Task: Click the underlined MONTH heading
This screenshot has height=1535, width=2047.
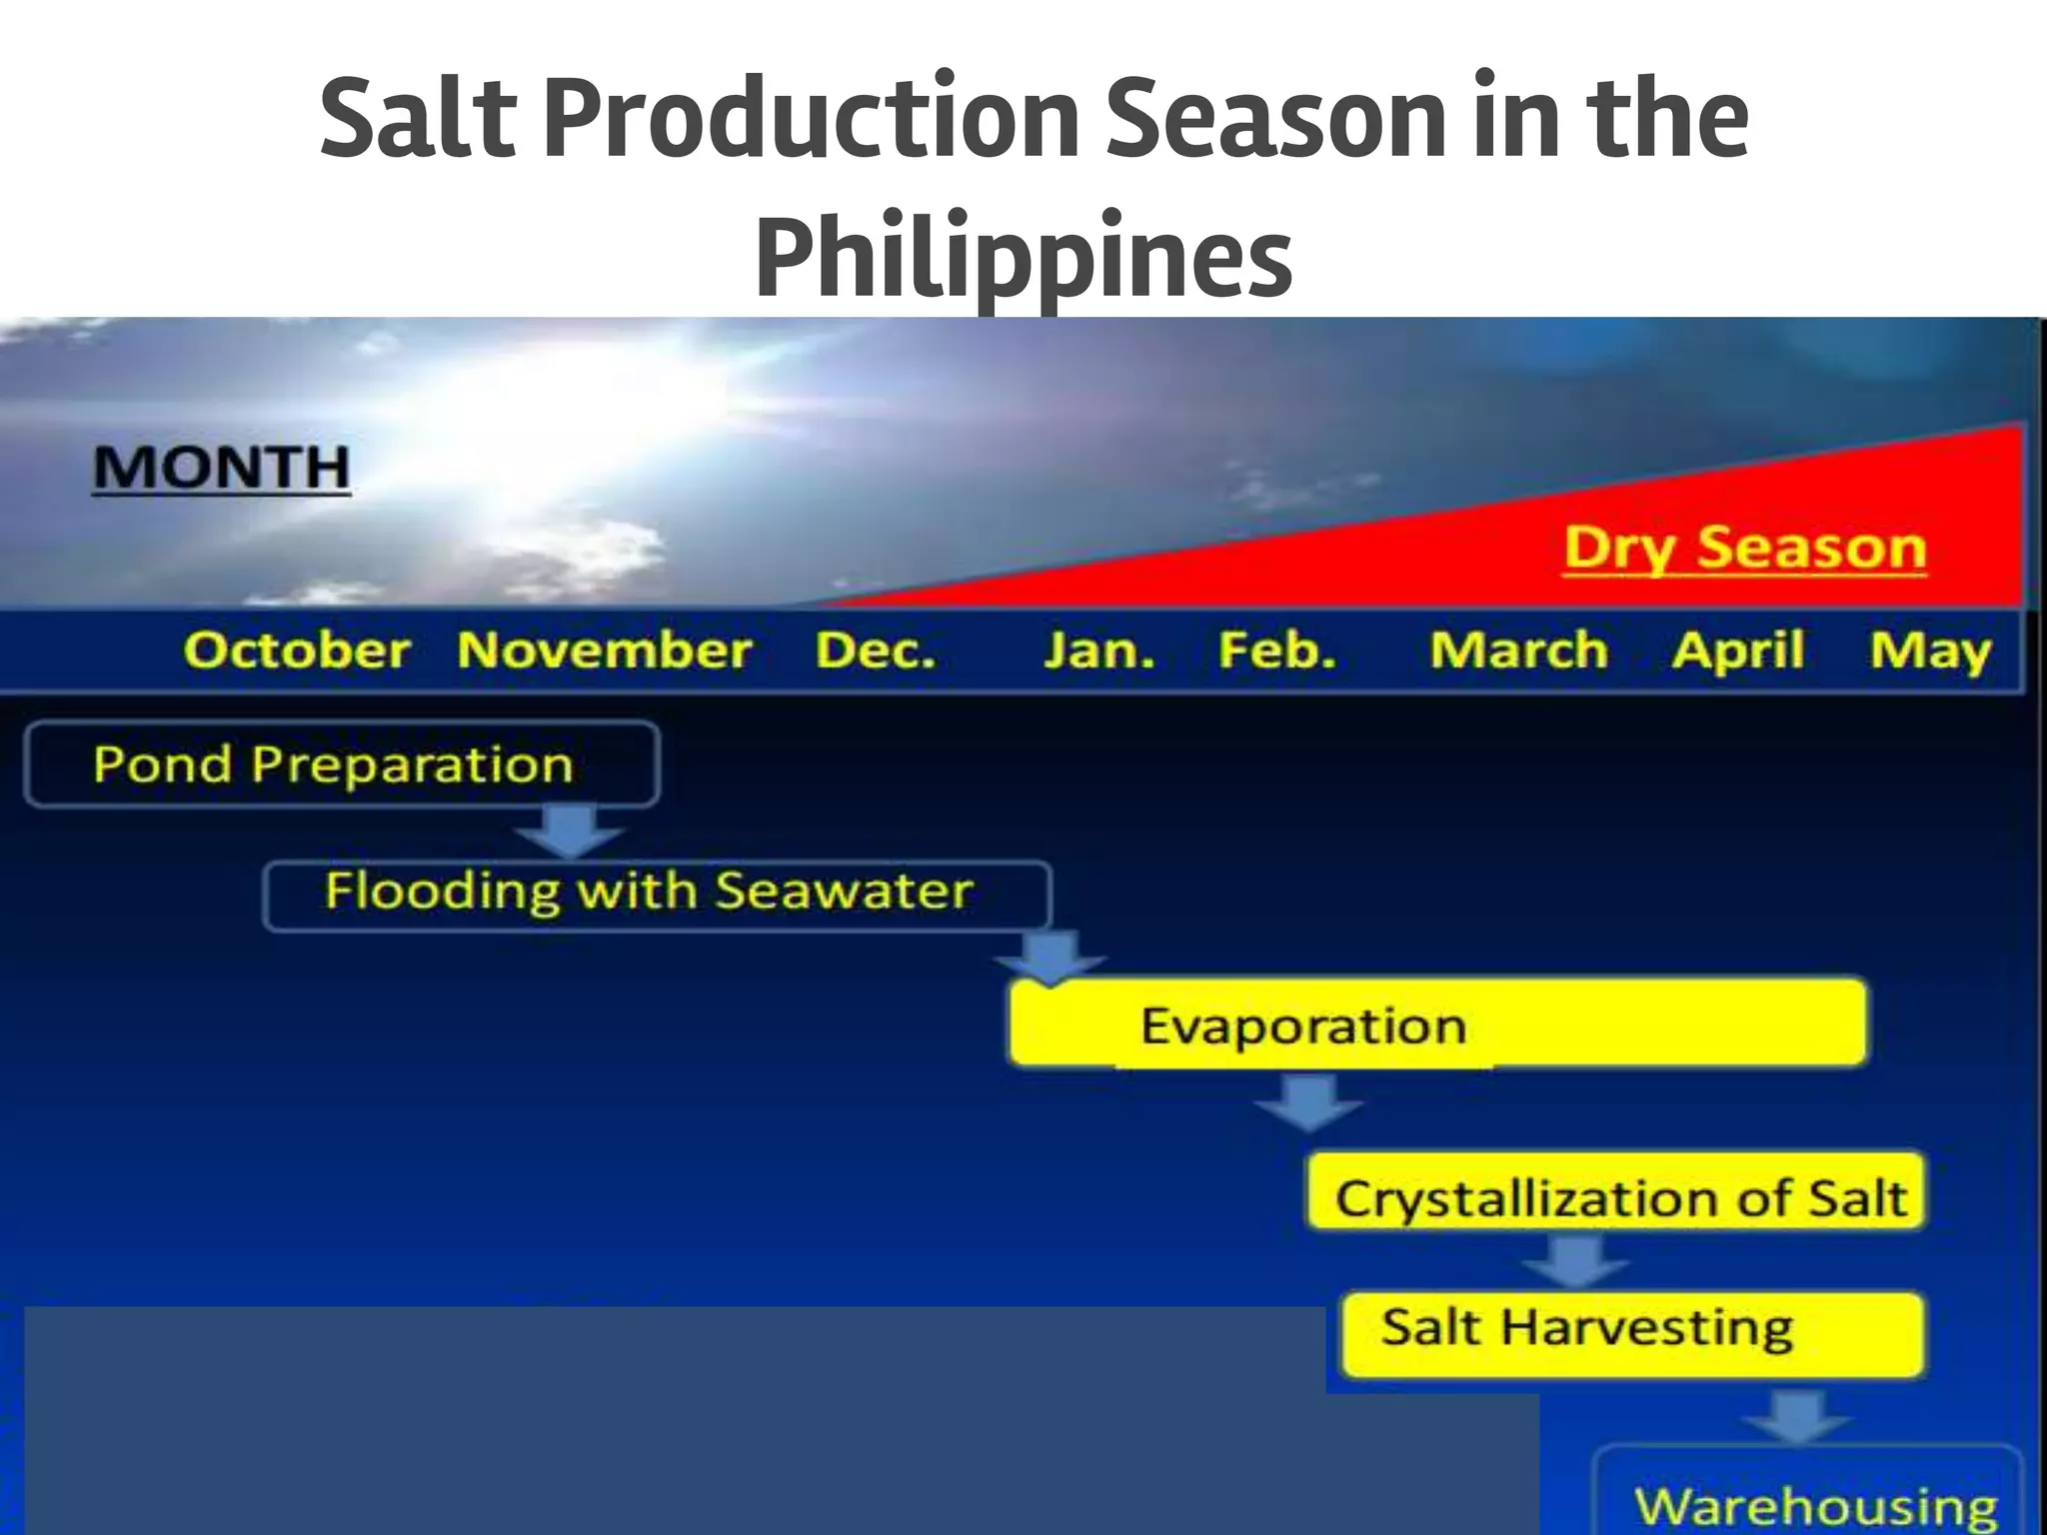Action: click(221, 468)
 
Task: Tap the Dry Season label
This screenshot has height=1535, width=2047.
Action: click(1744, 548)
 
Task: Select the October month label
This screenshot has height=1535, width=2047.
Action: click(297, 651)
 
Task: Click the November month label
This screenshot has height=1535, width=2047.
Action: click(604, 651)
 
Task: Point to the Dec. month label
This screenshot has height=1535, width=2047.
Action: click(876, 651)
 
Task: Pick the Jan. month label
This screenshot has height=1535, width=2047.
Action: click(1098, 651)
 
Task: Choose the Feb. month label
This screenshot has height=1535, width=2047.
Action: click(1276, 651)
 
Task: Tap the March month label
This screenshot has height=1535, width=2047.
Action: click(1518, 651)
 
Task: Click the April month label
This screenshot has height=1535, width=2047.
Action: click(1738, 651)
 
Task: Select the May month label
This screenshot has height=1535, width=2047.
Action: click(1930, 651)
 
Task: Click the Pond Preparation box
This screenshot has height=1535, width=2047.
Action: click(341, 765)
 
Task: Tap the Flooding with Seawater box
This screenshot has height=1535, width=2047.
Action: click(657, 892)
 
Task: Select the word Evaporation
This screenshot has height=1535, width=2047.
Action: click(1303, 1025)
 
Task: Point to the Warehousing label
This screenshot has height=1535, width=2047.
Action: click(1814, 1504)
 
